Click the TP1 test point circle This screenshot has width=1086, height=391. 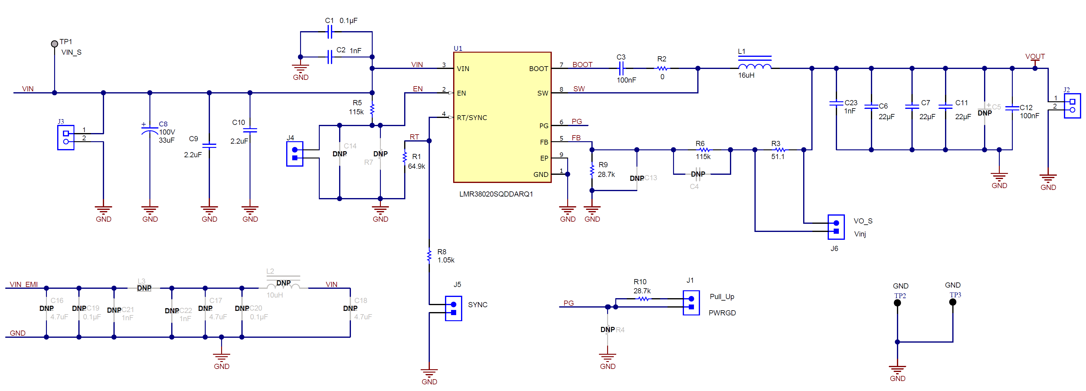coord(54,44)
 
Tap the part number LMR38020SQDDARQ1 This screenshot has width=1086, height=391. coord(496,194)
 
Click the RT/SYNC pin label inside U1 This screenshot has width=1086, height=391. coord(472,118)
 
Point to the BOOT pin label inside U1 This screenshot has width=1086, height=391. coord(538,69)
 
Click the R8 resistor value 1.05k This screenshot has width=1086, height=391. coord(446,260)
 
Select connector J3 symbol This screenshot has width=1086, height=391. coord(66,137)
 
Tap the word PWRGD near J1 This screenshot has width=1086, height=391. coord(722,313)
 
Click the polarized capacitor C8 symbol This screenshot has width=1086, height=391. coord(150,130)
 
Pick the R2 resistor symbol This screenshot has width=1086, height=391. coord(662,68)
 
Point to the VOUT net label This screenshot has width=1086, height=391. coord(1035,57)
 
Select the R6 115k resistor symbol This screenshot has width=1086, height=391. coord(703,150)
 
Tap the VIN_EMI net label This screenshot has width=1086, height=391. coord(24,284)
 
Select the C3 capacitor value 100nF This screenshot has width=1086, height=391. coord(626,80)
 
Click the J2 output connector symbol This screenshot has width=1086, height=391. coord(1072,106)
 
